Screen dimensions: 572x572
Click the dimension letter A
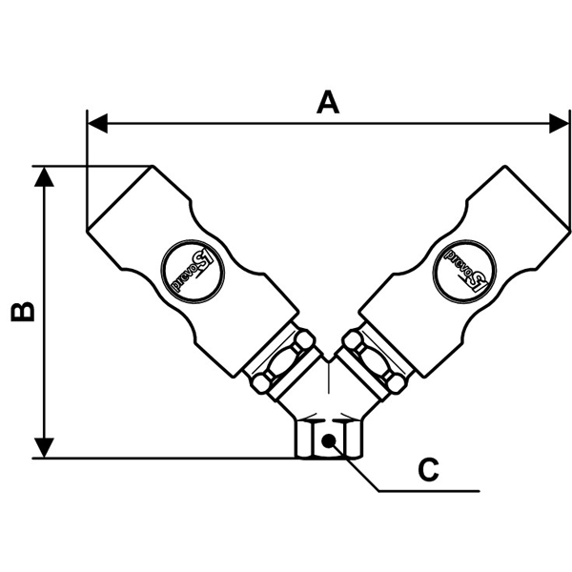point(328,102)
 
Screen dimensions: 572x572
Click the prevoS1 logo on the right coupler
point(463,268)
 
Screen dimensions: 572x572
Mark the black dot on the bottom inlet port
point(328,440)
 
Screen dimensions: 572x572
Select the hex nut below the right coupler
point(377,361)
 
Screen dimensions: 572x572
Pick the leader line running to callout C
point(419,492)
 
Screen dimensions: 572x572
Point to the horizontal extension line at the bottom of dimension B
point(172,459)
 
